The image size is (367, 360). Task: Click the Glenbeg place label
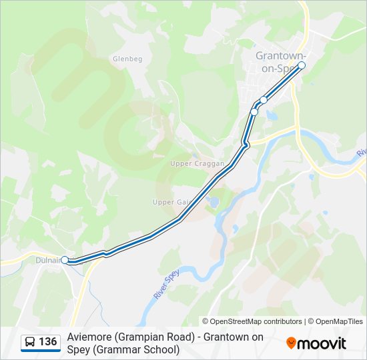tap(127, 59)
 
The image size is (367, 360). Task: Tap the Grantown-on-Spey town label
tap(280, 61)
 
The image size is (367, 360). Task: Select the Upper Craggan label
tap(194, 163)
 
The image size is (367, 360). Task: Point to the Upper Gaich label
tap(171, 202)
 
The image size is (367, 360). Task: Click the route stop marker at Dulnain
tap(65, 261)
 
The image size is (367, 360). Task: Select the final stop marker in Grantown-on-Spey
tap(302, 65)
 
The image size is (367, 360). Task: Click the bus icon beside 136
tap(30, 342)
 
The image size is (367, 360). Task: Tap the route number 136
tap(48, 342)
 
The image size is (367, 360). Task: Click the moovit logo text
tap(322, 343)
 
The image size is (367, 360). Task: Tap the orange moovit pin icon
tap(292, 343)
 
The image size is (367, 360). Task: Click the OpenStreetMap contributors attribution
tap(252, 321)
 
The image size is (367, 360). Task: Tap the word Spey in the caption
tap(78, 349)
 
